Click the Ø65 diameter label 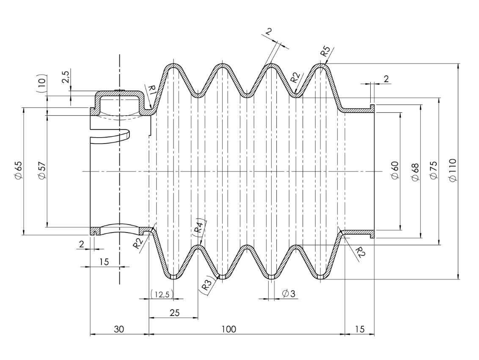[17, 170]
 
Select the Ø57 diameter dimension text [41, 170]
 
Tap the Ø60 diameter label [394, 170]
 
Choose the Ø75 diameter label [434, 170]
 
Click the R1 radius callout [153, 90]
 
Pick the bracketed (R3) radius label [206, 285]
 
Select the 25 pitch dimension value [174, 313]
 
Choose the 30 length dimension [119, 329]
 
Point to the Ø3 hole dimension [285, 293]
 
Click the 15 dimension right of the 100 [359, 329]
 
